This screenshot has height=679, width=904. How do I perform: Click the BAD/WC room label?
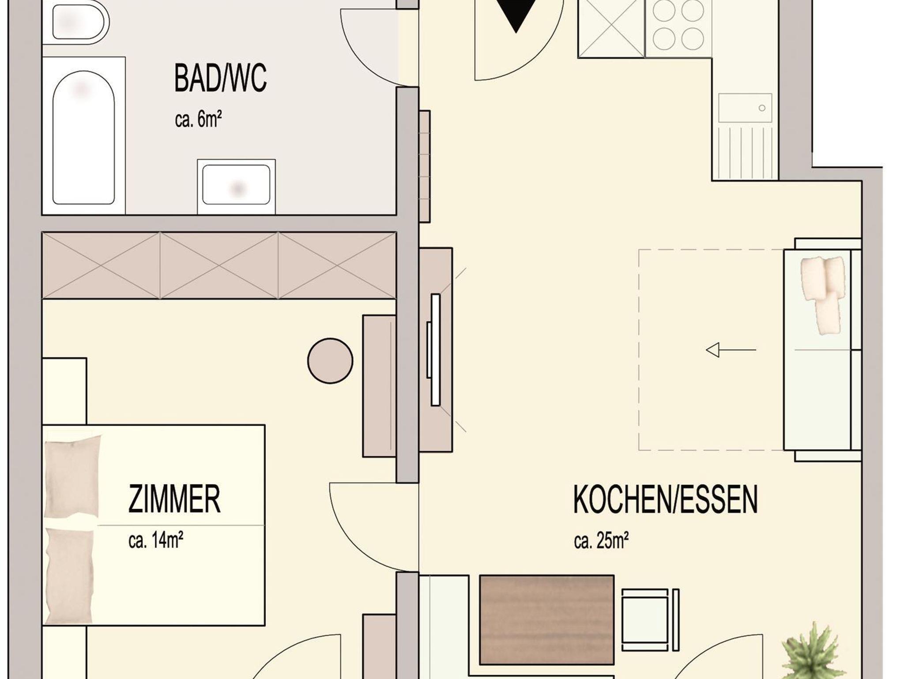pyautogui.click(x=220, y=78)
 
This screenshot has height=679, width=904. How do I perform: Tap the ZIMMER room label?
pyautogui.click(x=174, y=499)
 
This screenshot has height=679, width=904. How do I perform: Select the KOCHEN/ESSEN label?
pyautogui.click(x=666, y=499)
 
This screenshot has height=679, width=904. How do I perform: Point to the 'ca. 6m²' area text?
pyautogui.click(x=198, y=119)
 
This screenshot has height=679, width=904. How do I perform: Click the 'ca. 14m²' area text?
pyautogui.click(x=156, y=540)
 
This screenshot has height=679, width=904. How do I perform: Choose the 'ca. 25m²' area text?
pyautogui.click(x=601, y=540)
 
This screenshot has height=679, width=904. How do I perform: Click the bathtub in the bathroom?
pyautogui.click(x=83, y=137)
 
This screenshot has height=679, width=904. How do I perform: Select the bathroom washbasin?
pyautogui.click(x=236, y=185)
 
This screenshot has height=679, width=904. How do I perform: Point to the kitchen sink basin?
pyautogui.click(x=745, y=108)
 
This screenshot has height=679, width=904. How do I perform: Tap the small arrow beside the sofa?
pyautogui.click(x=731, y=350)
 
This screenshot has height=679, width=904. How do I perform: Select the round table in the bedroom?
pyautogui.click(x=330, y=361)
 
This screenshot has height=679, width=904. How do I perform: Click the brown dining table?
pyautogui.click(x=546, y=626)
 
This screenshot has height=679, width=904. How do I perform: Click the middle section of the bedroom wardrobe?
pyautogui.click(x=219, y=266)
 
